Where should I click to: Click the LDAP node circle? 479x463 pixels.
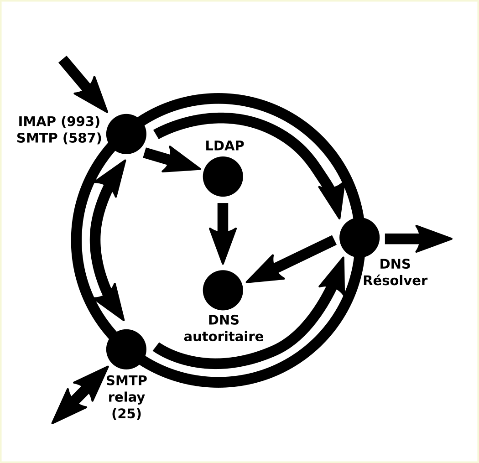tap(223, 177)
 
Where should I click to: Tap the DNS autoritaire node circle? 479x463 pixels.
tap(223, 290)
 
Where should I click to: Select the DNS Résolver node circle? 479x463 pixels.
tap(359, 238)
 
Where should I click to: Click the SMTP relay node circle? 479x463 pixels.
tap(126, 349)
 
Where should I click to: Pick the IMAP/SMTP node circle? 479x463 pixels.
tap(126, 134)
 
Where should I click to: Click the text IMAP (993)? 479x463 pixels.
tap(59, 122)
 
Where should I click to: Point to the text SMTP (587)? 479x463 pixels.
tap(59, 138)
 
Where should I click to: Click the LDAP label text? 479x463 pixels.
tap(224, 146)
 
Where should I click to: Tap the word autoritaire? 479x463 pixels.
tap(224, 337)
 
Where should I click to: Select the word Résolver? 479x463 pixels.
tap(395, 281)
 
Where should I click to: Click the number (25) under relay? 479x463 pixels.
tap(126, 414)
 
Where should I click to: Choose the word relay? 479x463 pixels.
tap(126, 397)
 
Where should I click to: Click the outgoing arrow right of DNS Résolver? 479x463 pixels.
tap(417, 238)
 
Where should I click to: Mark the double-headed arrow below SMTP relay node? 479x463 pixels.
tap(79, 395)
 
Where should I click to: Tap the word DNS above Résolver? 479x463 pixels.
tap(395, 264)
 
